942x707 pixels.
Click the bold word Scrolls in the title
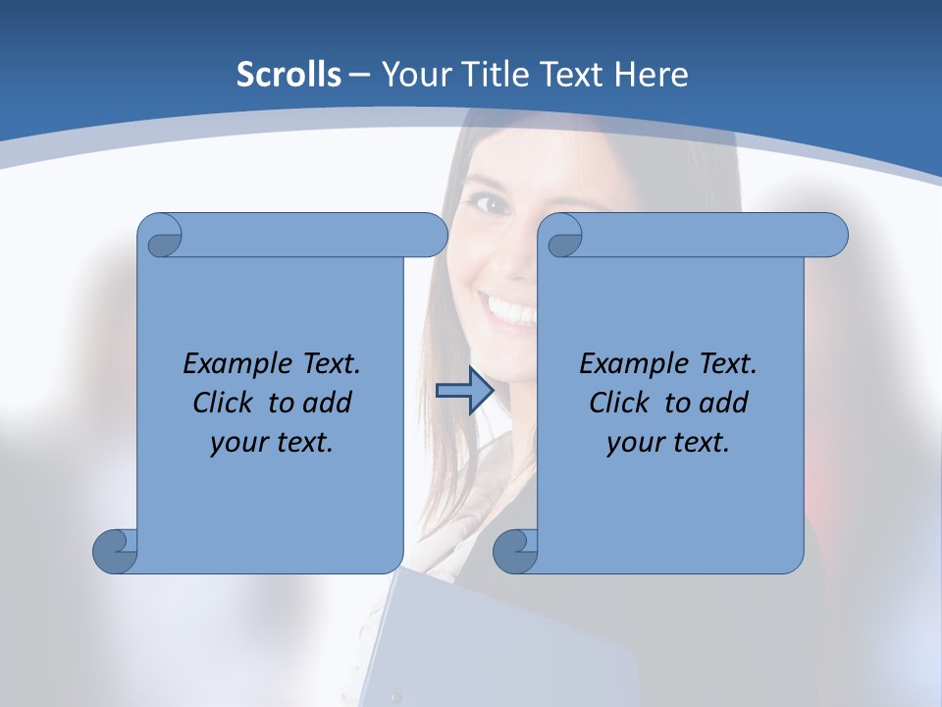[x=288, y=75]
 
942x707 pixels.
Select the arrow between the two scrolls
[x=464, y=391]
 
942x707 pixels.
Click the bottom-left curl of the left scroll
[x=116, y=550]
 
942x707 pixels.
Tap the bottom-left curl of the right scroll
[x=515, y=550]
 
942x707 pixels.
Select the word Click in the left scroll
[x=227, y=403]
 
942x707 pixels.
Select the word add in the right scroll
[x=724, y=403]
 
